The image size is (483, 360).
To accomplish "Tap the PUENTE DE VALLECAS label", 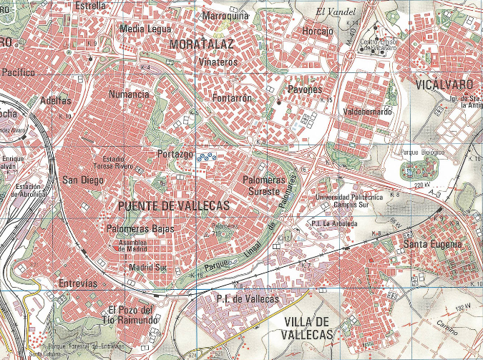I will (x=171, y=206).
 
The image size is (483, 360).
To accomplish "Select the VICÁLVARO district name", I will (x=444, y=84).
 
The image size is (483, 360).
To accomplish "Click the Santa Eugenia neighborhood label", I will (x=433, y=245).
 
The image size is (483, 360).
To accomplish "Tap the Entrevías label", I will (x=77, y=283).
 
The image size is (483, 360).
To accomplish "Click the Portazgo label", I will (x=175, y=155).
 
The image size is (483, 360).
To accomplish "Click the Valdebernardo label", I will (x=368, y=112).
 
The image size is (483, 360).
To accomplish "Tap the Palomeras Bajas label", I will (x=140, y=229).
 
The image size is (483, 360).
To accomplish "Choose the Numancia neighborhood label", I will (x=129, y=94).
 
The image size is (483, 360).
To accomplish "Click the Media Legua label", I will (x=146, y=29).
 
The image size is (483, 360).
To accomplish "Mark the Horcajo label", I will (x=318, y=31).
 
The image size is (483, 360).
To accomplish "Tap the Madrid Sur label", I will (x=147, y=267).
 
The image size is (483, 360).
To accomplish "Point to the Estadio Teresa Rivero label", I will (x=128, y=162).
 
